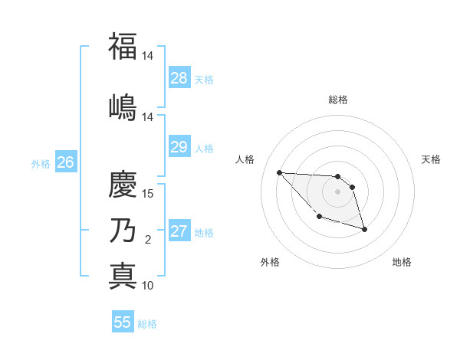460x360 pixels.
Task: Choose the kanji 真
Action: (x=123, y=275)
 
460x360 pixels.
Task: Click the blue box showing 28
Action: (x=179, y=78)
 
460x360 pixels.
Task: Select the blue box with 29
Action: (x=179, y=147)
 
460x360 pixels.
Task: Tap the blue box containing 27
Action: (x=179, y=231)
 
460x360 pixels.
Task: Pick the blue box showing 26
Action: (x=66, y=162)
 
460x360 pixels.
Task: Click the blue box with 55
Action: (x=123, y=322)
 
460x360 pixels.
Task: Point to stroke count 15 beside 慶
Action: (x=148, y=193)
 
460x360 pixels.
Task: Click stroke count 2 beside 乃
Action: (x=148, y=240)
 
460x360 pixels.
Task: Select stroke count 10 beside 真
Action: (x=148, y=286)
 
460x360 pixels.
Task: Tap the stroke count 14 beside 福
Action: (x=148, y=56)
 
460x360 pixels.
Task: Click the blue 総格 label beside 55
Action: (x=147, y=324)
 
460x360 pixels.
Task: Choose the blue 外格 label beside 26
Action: (x=41, y=163)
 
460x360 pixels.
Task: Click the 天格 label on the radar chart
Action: (x=432, y=159)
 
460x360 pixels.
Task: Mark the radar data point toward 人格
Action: (x=280, y=172)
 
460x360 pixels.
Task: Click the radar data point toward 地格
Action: (x=364, y=229)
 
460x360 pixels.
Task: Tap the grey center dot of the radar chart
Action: (x=337, y=191)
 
